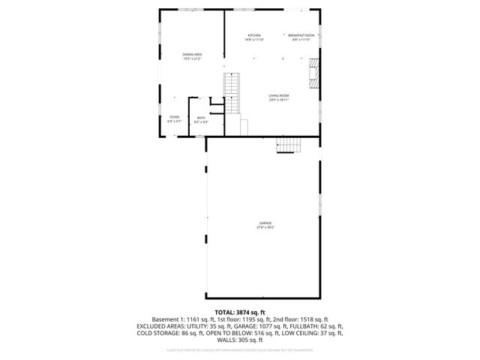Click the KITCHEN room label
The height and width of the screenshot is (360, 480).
[254, 36]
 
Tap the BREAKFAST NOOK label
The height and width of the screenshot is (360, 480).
[300, 36]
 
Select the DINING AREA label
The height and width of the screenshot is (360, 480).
[192, 55]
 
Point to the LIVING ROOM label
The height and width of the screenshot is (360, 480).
[279, 95]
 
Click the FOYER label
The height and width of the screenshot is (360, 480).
[174, 117]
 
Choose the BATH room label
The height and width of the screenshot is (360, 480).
[201, 118]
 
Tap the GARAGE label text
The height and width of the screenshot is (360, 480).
[265, 223]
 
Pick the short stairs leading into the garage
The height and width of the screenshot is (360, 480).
[287, 146]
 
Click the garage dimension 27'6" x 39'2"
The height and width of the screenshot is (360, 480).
[266, 227]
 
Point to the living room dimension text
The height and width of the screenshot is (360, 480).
[279, 100]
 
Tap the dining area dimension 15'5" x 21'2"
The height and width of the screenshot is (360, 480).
[192, 59]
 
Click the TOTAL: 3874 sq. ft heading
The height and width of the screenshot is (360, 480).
[240, 312]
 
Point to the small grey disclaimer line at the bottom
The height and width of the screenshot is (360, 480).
[240, 349]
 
